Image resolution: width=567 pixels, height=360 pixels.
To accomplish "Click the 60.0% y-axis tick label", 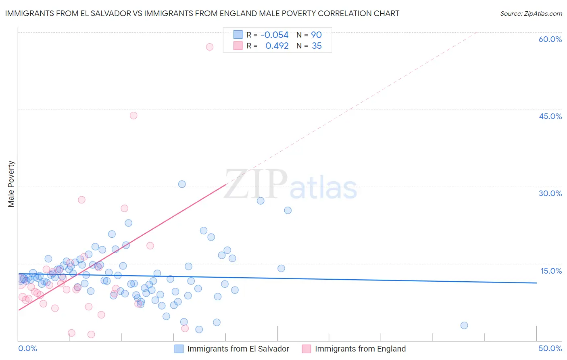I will (550, 39).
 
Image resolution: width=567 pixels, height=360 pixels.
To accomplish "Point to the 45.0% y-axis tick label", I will (550, 116).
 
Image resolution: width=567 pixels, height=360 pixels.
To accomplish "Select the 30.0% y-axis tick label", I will (550, 193).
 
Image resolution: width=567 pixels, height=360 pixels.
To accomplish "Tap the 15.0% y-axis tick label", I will (551, 271).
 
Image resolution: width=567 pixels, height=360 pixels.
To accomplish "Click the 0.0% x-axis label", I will (27, 348).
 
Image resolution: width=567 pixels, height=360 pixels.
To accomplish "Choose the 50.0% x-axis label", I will (550, 348).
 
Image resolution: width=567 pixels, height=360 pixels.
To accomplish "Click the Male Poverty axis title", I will (11, 184).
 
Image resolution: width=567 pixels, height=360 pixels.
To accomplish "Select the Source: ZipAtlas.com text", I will (531, 14).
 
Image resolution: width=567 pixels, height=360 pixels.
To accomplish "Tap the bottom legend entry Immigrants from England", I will (360, 349).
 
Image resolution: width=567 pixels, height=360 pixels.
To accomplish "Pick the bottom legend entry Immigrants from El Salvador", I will (238, 349).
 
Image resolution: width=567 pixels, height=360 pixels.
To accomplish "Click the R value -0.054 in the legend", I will (275, 35).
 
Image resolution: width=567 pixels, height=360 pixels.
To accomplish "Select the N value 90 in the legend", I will (316, 35).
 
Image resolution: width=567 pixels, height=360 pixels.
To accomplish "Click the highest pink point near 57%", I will (210, 47).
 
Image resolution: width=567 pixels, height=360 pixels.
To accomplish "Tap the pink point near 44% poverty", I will (133, 115).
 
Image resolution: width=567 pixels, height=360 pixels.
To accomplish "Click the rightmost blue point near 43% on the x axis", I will (464, 325).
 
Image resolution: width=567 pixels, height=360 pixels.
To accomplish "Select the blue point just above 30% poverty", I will (182, 184).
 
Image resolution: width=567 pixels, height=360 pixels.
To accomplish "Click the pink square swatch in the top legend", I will (238, 46).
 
